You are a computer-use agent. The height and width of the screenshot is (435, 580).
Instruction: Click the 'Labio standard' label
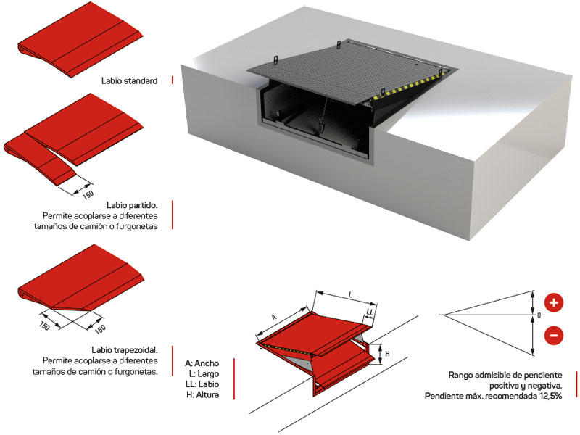pos(130,81)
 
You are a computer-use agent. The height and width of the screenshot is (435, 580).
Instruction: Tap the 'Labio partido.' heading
pos(136,205)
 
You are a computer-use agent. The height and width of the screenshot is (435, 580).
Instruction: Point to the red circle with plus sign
pos(553,303)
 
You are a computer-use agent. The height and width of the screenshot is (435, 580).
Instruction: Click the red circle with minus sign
pos(553,335)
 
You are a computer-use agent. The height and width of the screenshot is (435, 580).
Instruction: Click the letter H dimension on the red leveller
pos(387,355)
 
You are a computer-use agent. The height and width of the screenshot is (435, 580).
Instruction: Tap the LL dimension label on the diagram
pos(370,312)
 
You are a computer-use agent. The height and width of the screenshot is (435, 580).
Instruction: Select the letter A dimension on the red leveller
pos(273,318)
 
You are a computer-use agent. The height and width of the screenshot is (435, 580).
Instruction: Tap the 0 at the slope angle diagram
pos(538,315)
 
